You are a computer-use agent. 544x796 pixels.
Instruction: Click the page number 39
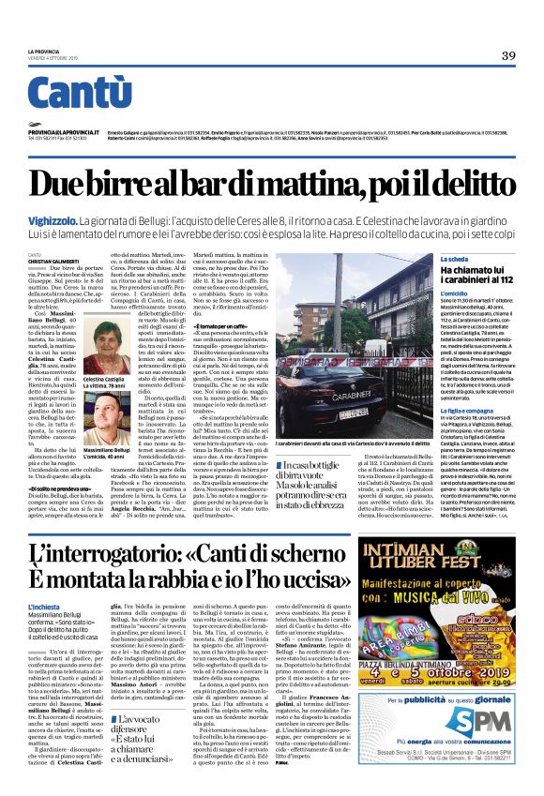coord(508,55)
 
